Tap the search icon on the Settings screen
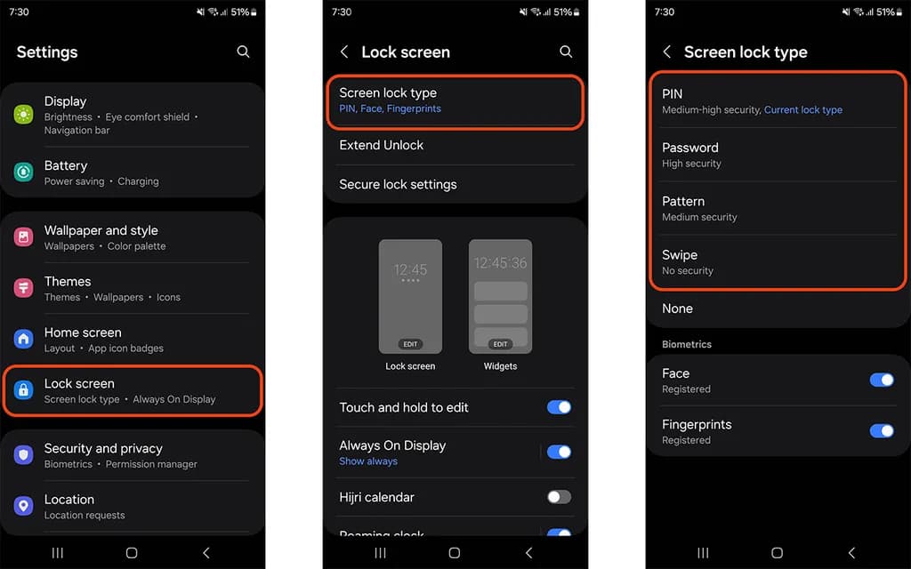244,52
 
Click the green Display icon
23,115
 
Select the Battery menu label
66,165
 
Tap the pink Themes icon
23,288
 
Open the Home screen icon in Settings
23,339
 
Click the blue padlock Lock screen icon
23,390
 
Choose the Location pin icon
23,506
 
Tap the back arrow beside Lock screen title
344,52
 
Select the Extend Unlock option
381,145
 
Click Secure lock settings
398,185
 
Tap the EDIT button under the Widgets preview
500,344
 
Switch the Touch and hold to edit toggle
559,407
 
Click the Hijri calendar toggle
559,497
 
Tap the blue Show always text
368,461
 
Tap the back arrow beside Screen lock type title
667,52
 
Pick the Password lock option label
690,148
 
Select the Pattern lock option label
683,202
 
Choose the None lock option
677,309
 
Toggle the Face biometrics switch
882,380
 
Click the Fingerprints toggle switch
882,431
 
